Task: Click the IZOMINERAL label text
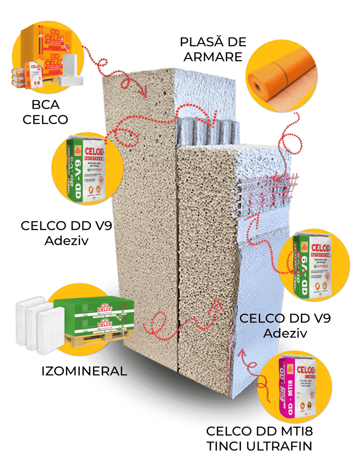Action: click(x=84, y=371)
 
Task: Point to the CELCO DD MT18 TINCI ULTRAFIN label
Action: click(x=259, y=438)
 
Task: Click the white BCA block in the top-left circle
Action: click(x=70, y=70)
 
